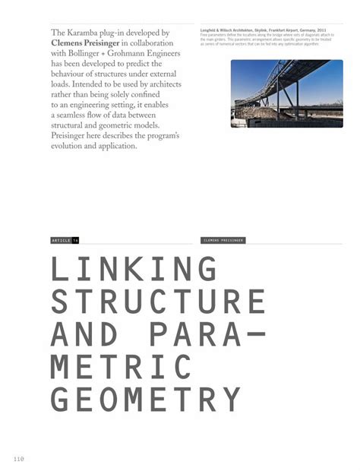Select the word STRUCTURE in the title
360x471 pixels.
(158, 303)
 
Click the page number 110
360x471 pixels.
(19, 458)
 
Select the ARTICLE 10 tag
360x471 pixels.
(65, 240)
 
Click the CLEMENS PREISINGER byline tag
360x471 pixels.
(223, 240)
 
